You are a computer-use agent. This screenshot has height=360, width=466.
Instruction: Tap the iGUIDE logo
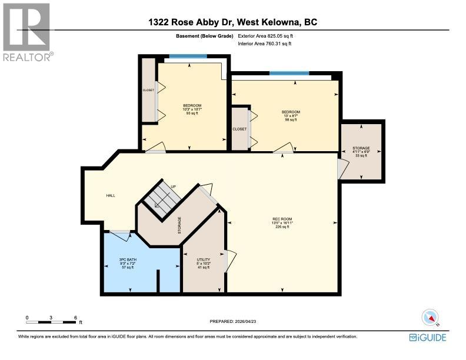click(428, 337)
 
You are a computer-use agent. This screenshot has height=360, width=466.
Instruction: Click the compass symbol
click(431, 318)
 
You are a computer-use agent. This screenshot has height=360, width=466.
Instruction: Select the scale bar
click(51, 322)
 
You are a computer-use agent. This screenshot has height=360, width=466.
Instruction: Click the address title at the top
click(232, 22)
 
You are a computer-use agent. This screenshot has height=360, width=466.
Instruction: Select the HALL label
click(110, 196)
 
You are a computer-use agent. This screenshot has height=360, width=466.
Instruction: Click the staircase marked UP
click(162, 196)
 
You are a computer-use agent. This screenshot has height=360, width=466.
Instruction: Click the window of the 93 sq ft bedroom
click(188, 56)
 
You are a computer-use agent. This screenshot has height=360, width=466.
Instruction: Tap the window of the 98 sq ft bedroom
click(289, 74)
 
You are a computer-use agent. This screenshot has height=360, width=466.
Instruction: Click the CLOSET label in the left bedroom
click(148, 91)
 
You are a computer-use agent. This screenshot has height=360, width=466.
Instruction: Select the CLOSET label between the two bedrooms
click(239, 128)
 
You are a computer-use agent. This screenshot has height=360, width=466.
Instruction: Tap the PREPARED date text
click(233, 322)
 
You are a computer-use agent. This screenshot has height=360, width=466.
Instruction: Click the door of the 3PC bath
click(121, 235)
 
